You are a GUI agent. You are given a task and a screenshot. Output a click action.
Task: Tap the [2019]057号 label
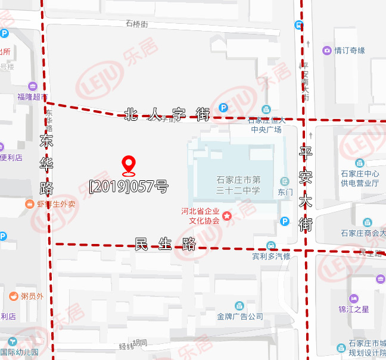click(128, 186)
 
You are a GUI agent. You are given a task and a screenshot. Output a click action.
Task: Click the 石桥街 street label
click(136, 24)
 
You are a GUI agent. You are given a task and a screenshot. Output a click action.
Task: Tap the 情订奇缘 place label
click(349, 51)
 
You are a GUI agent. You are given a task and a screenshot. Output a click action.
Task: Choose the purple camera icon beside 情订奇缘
click(327, 51)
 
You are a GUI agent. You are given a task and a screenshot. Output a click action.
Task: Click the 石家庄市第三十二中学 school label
click(238, 185)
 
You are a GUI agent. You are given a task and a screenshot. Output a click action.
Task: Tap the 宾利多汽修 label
click(270, 256)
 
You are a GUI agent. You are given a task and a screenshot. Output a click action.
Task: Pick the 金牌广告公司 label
click(240, 317)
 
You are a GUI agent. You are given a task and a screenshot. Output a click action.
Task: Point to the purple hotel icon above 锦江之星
click(354, 298)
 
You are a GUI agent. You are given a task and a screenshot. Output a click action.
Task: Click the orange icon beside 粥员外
click(13, 296)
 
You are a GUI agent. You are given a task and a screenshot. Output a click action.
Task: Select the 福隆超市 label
click(32, 96)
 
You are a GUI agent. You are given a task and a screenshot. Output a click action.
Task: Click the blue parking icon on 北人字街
click(223, 108)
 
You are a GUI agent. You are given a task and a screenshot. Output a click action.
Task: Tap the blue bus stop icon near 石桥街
click(298, 25)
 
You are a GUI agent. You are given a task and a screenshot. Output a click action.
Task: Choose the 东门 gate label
click(285, 192)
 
